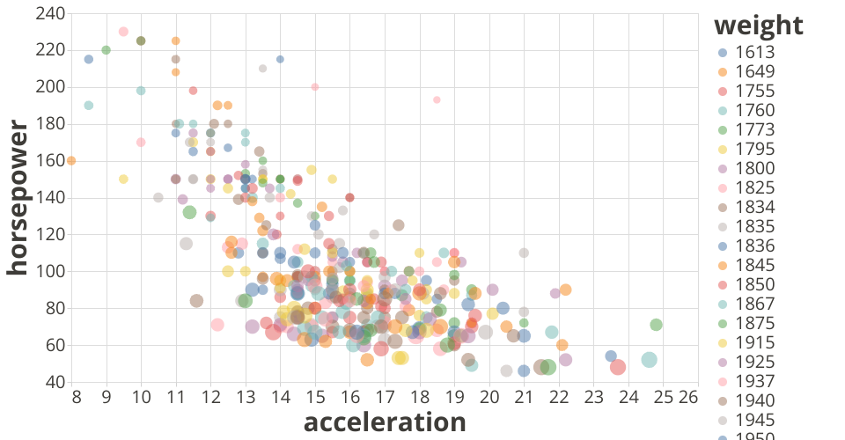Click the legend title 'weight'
pyautogui.click(x=759, y=25)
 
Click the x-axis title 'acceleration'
pyautogui.click(x=385, y=422)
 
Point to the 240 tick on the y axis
pyautogui.click(x=51, y=13)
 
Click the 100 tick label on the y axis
pyautogui.click(x=51, y=272)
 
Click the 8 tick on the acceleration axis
pyautogui.click(x=77, y=397)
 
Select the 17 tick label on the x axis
pyautogui.click(x=385, y=397)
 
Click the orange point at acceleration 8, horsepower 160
pyautogui.click(x=71, y=160)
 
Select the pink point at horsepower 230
pyautogui.click(x=123, y=32)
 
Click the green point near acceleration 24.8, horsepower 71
pyautogui.click(x=656, y=325)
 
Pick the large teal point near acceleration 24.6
pyautogui.click(x=649, y=359)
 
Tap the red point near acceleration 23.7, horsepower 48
pyautogui.click(x=618, y=367)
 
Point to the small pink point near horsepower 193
pyautogui.click(x=437, y=99)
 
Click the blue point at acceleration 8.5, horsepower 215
pyautogui.click(x=89, y=59)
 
